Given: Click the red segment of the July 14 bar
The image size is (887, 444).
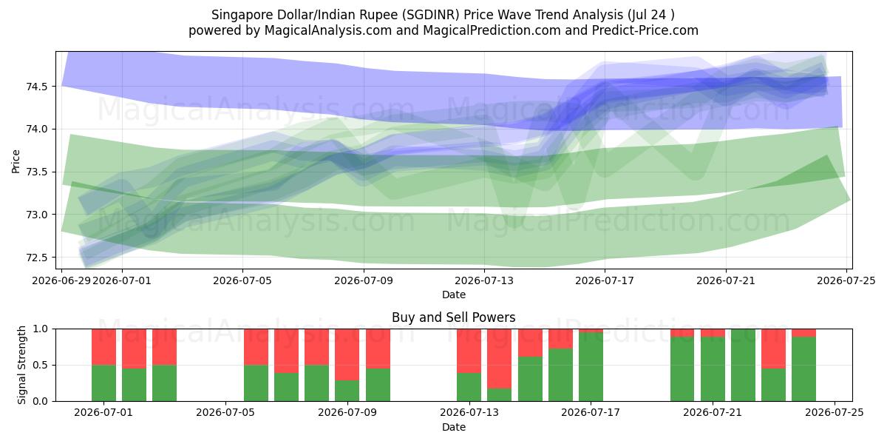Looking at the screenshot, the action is [x=500, y=359].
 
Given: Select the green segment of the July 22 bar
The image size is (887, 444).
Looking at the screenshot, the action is [x=744, y=365].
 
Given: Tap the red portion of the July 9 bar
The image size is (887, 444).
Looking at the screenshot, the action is [x=347, y=354].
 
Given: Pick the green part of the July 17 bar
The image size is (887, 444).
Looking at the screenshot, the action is [x=591, y=367].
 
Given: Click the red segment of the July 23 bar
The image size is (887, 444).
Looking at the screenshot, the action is [x=774, y=349].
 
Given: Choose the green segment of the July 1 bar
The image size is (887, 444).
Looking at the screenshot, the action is [x=103, y=383].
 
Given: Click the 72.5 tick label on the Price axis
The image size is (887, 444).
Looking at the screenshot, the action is [x=36, y=258].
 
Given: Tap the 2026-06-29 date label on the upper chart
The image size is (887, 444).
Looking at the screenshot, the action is [x=61, y=280].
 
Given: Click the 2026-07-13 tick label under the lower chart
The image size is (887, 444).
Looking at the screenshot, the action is [x=469, y=413].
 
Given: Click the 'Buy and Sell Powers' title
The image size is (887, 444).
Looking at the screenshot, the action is [x=454, y=317].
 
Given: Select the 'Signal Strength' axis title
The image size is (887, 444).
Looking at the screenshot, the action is [x=21, y=365].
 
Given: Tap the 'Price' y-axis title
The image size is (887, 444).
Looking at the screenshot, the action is [x=16, y=161].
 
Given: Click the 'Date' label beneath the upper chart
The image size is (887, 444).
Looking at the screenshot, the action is [x=454, y=295].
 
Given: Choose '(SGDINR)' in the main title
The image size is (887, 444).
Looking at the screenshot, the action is [x=430, y=15].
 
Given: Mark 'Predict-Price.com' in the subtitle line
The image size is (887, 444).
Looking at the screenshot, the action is [x=645, y=30].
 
